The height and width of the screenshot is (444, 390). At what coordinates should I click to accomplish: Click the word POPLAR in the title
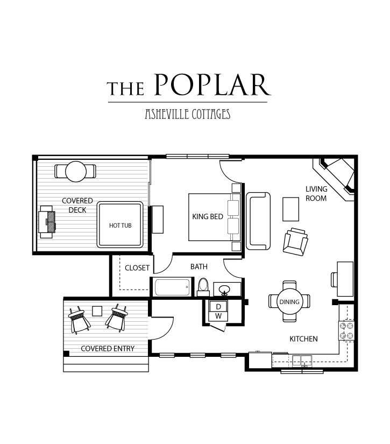pos(213,84)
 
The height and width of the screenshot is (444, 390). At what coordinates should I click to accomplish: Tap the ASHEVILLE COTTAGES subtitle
pos(188,114)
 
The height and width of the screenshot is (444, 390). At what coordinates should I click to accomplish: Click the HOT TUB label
pos(120,225)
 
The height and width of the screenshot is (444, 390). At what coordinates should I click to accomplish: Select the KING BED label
pos(208,217)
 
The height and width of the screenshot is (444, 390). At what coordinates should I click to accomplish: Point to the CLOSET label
pos(137,268)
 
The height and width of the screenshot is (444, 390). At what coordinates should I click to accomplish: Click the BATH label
pos(198,267)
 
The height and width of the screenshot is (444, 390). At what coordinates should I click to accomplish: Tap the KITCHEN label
pos(303,339)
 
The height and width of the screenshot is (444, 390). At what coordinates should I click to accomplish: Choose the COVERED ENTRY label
pos(108,349)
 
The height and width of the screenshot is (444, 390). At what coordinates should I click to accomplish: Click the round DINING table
pos(289,301)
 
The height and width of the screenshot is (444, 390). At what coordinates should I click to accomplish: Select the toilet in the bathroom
pos(203,287)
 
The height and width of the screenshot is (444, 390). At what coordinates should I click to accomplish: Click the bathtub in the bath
pos(172,287)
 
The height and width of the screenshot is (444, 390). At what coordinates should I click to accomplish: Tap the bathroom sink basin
pos(224,290)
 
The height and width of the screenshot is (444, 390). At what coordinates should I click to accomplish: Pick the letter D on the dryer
pos(218,307)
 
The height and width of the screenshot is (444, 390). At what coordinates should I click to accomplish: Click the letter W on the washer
pos(218,316)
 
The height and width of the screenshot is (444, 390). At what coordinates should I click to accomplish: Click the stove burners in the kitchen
pos(346,330)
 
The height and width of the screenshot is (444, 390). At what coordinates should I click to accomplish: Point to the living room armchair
pos(295,242)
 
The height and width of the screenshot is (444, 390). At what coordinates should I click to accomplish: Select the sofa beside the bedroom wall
pos(258,221)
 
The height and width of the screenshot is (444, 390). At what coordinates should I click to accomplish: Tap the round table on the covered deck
pos(76,171)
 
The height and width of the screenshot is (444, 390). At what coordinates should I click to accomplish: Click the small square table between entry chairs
pos(97,311)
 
